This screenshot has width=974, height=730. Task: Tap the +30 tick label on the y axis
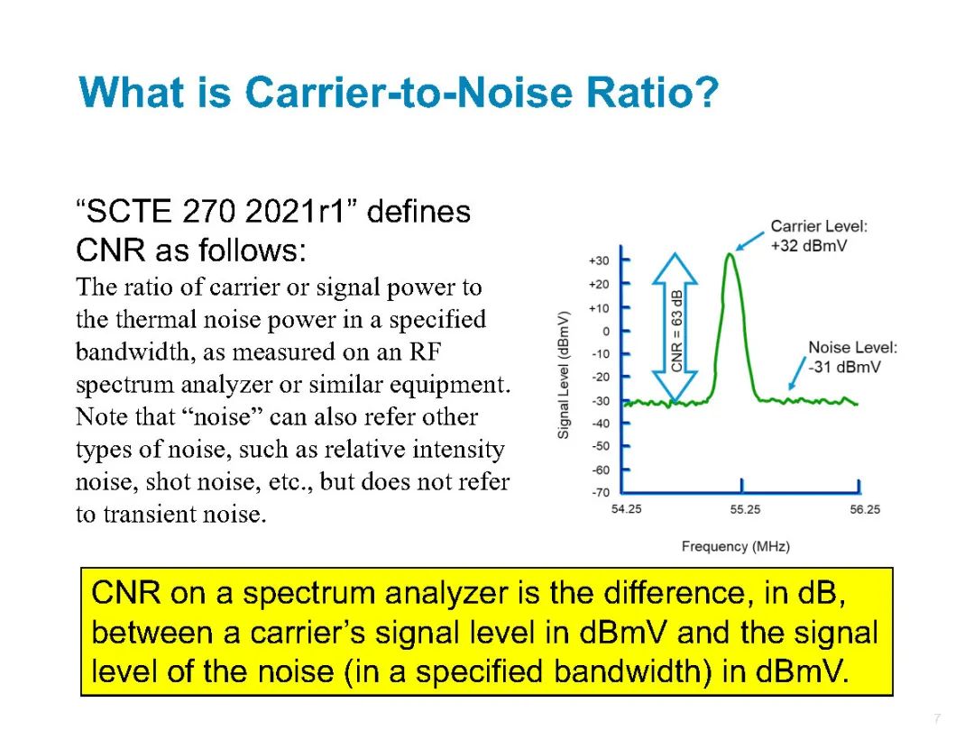coord(599,260)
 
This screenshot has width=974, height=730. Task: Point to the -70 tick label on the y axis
coord(601,493)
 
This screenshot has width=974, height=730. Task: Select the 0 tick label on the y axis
coord(606,332)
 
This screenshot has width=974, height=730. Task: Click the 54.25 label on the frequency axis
coord(626,509)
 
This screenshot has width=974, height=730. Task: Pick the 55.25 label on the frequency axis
coord(745,509)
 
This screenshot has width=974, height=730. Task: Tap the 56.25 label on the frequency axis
coord(865,509)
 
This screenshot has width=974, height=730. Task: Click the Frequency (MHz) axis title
coord(736,546)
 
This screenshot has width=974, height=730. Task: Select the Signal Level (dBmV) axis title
coord(564,375)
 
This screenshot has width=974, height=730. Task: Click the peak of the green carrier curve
coord(730,254)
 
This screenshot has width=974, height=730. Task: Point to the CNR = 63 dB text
coord(676,331)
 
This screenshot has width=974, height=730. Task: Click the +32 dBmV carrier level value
coord(809,246)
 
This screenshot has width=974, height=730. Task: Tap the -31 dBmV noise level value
coord(844,367)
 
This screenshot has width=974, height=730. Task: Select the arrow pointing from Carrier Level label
coord(749,241)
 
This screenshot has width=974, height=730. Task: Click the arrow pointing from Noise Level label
coord(797,374)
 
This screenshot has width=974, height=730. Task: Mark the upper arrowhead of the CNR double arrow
coord(675,269)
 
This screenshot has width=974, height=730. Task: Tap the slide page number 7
coord(937,718)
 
